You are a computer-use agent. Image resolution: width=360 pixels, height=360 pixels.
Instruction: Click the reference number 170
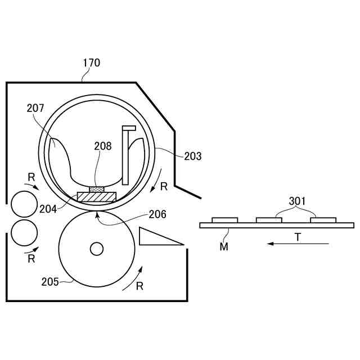click(91, 63)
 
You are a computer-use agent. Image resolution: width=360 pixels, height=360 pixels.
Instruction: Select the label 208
click(103, 146)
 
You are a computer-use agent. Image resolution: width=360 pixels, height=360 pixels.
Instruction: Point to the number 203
click(192, 156)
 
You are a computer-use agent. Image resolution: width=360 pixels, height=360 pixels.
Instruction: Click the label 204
click(48, 209)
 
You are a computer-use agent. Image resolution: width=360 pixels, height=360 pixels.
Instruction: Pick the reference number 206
click(157, 214)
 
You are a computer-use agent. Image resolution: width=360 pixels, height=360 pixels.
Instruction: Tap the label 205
click(50, 281)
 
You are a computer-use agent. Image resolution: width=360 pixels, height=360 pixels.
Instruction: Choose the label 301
click(298, 201)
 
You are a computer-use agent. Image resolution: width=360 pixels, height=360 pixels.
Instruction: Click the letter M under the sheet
click(224, 246)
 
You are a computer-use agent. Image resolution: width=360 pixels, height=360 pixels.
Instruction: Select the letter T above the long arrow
click(298, 237)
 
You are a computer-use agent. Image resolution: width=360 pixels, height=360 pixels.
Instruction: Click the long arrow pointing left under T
click(298, 244)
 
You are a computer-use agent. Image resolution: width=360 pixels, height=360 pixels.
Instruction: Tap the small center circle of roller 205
click(97, 248)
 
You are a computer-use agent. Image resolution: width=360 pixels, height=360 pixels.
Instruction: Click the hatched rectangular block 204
click(96, 197)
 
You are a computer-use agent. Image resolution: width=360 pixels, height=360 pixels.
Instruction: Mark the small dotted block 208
click(97, 189)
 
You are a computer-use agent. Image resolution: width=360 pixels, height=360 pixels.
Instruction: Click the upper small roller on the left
click(24, 204)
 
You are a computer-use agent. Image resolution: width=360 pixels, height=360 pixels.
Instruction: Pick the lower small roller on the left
click(24, 232)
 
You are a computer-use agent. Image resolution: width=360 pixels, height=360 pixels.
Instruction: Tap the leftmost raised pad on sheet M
click(224, 220)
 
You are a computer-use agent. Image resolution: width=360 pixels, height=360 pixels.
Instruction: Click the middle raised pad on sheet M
click(269, 220)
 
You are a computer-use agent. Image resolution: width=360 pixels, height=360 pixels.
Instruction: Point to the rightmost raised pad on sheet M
click(323, 220)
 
